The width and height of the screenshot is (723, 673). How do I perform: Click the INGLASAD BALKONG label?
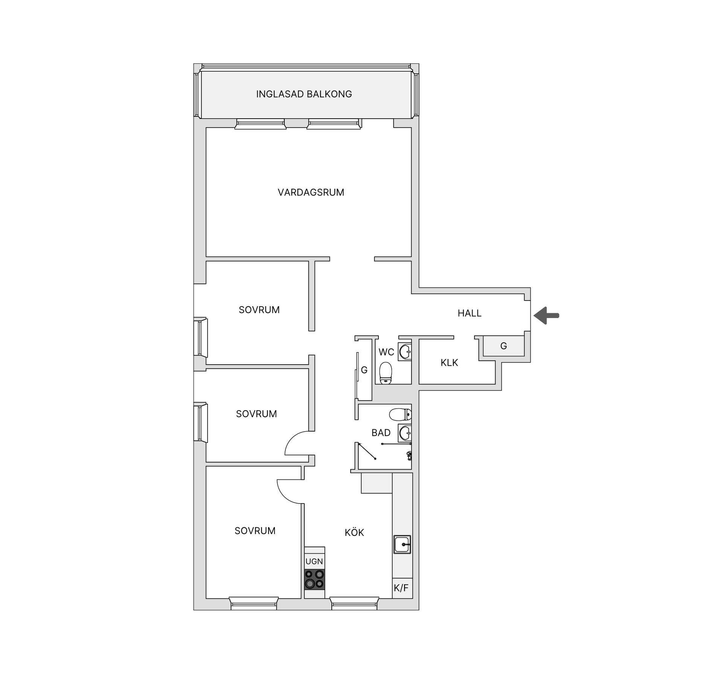pos(304,94)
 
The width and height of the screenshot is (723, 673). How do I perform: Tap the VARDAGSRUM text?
pos(311,192)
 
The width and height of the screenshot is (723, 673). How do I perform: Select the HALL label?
pos(470,313)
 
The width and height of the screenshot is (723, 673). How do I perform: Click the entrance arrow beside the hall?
pos(546,315)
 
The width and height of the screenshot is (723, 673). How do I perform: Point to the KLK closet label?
pos(449,363)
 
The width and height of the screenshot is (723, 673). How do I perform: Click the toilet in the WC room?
pos(386,373)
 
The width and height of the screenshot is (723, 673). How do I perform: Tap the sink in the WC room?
pos(405,352)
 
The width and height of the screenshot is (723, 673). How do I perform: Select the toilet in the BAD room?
pos(400,415)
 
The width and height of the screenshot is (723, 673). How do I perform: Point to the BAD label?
pos(381,433)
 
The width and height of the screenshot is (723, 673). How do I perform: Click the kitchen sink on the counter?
pos(402,544)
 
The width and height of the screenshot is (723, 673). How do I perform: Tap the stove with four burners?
pos(314,579)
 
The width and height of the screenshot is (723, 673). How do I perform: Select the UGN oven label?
pos(314,561)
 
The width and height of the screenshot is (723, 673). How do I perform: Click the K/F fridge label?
pos(401,588)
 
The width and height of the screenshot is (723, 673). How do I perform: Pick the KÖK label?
pos(354,532)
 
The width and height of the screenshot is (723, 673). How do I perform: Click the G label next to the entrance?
pos(503,346)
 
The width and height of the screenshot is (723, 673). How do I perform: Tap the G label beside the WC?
pos(364,370)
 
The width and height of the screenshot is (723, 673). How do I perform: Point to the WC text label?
pos(386,352)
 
